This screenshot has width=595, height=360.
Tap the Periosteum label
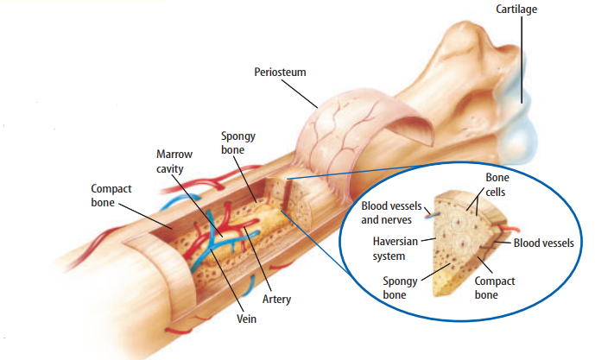[282, 72]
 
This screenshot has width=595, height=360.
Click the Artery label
[276, 300]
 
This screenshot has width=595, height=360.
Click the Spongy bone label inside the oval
[400, 288]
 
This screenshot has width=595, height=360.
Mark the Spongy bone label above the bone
[237, 143]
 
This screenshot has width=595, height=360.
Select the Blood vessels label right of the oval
[543, 243]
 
